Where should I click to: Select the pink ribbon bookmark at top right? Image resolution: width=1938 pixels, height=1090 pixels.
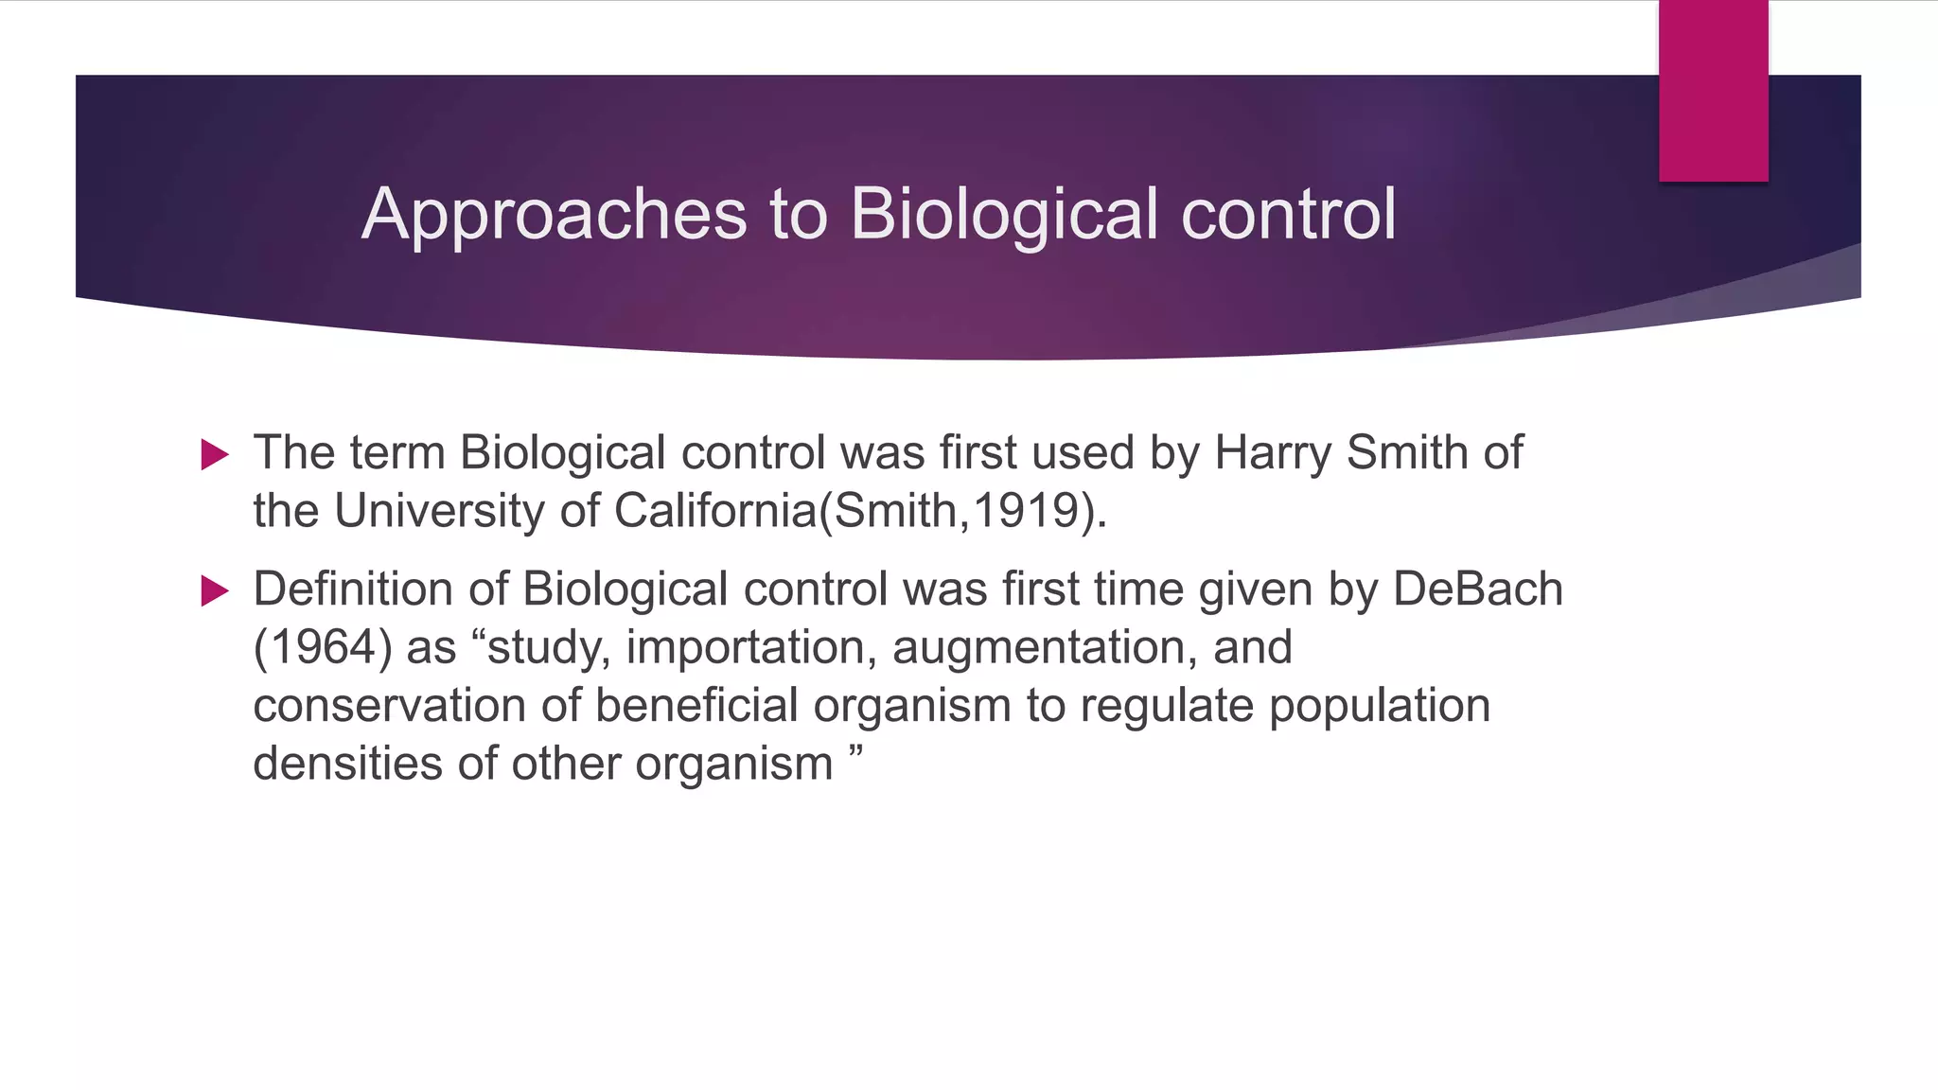click(x=1713, y=91)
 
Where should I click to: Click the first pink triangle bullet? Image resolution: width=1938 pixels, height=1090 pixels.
click(x=215, y=455)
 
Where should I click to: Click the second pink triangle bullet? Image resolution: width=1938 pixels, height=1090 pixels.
click(x=215, y=592)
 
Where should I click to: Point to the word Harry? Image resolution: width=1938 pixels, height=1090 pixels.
click(x=1273, y=453)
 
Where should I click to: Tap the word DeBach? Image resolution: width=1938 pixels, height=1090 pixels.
click(x=1477, y=589)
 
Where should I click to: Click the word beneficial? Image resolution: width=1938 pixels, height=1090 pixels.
click(x=696, y=706)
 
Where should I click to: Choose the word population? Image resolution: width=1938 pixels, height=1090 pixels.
click(x=1380, y=706)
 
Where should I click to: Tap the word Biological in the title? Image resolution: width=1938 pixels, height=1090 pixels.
click(x=1004, y=214)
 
